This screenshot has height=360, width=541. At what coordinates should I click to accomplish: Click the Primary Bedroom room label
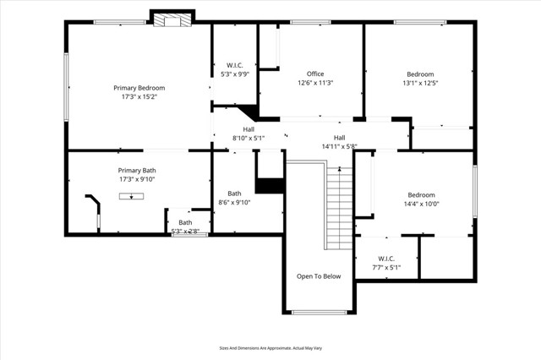[x=139, y=88]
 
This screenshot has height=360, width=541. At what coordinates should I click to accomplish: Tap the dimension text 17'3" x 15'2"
[x=139, y=97]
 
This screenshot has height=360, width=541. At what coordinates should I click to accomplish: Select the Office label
[x=315, y=74]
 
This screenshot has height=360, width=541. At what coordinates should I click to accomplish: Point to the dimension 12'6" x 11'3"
[x=315, y=83]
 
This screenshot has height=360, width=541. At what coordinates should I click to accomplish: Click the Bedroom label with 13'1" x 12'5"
[x=420, y=74]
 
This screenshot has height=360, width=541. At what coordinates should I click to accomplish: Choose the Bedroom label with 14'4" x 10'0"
[x=421, y=194]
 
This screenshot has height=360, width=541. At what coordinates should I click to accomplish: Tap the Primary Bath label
[x=137, y=171]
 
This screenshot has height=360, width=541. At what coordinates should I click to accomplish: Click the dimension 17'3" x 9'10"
[x=137, y=179]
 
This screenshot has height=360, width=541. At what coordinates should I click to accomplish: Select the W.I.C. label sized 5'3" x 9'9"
[x=235, y=65]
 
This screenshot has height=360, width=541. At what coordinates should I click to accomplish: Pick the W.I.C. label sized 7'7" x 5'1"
[x=386, y=259]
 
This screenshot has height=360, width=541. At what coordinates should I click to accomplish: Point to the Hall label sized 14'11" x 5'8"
[x=339, y=138]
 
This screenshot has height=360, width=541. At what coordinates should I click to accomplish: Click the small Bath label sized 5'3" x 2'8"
[x=185, y=222]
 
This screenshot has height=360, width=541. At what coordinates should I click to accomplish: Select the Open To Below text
[x=319, y=276]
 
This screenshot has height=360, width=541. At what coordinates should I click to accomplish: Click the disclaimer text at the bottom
[x=270, y=347]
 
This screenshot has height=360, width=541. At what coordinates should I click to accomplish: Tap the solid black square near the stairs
[x=270, y=186]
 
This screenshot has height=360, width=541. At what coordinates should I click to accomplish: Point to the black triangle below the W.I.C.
[x=248, y=113]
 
